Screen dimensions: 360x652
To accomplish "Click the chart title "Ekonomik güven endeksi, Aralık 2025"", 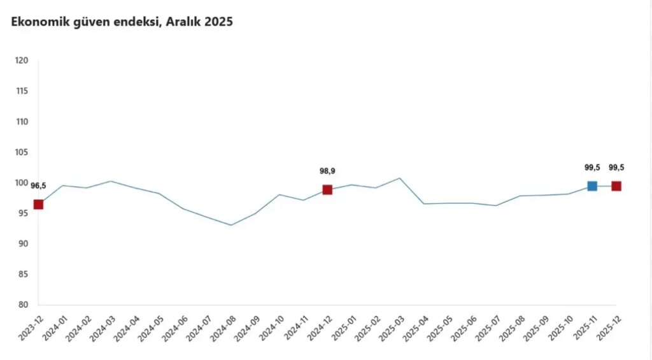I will coord(122,22).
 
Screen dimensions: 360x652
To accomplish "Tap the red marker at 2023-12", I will coord(38,205).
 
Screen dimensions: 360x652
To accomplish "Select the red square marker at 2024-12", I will coord(327,190).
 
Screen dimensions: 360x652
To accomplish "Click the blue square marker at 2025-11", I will coord(592,186).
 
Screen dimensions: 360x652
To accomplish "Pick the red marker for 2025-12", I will coord(616,186).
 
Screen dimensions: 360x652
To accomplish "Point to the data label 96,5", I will coord(38,186).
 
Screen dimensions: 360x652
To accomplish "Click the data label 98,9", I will coord(327,171).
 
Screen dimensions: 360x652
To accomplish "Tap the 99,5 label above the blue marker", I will coord(592,168).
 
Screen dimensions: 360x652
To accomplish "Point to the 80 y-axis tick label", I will coord(23,305).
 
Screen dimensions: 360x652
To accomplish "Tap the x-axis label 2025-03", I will coord(387,331).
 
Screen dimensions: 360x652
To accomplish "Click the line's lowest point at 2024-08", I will coord(231,225).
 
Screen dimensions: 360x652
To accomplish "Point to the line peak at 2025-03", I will coord(400,178).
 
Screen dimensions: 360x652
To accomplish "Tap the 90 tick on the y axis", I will coord(23,244).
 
